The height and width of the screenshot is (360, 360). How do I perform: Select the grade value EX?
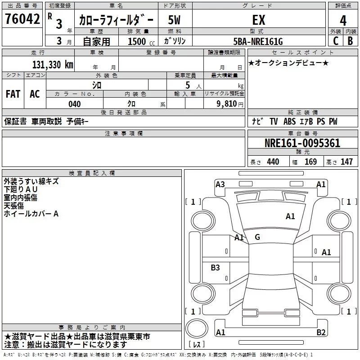[258, 20]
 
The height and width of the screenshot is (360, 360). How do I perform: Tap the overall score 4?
[343, 20]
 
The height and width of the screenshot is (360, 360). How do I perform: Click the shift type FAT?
[13, 94]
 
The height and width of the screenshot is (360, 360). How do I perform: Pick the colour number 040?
[74, 104]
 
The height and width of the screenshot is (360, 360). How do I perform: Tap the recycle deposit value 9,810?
[227, 104]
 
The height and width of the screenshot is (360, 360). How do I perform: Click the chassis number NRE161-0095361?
[302, 144]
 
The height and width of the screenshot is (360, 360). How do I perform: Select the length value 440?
[273, 162]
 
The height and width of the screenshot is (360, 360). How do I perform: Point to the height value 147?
[346, 162]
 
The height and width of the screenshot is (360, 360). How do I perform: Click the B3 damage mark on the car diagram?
[215, 268]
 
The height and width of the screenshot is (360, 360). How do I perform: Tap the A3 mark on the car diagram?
[220, 184]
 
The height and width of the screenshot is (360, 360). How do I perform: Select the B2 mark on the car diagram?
[321, 333]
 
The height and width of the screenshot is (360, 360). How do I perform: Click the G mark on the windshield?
[257, 237]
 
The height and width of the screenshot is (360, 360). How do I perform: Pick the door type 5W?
[174, 20]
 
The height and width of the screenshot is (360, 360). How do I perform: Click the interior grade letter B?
[350, 41]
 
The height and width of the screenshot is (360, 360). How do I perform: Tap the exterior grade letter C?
[335, 41]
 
